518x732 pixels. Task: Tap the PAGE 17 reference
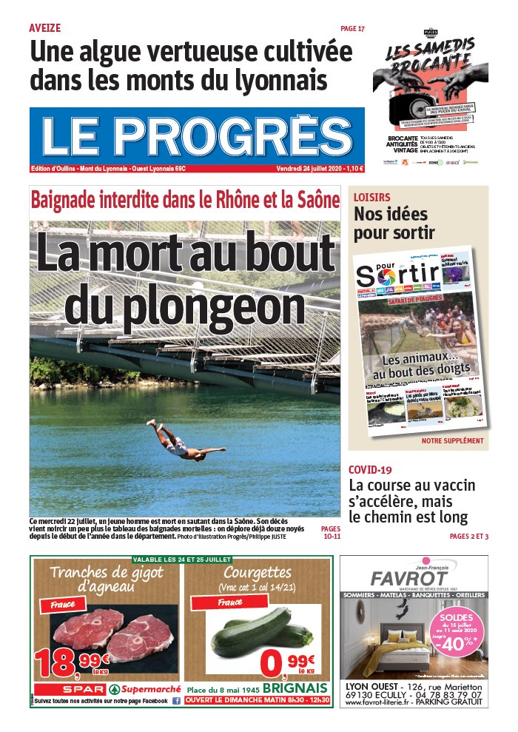(352, 28)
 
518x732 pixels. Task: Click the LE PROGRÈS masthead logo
(197, 136)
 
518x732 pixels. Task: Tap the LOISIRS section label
(371, 198)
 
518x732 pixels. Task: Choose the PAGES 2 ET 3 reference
(468, 536)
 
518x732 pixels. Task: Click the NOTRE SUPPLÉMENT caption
(452, 440)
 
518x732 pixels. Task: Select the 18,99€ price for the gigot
(70, 662)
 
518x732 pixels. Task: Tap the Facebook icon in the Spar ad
(176, 700)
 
